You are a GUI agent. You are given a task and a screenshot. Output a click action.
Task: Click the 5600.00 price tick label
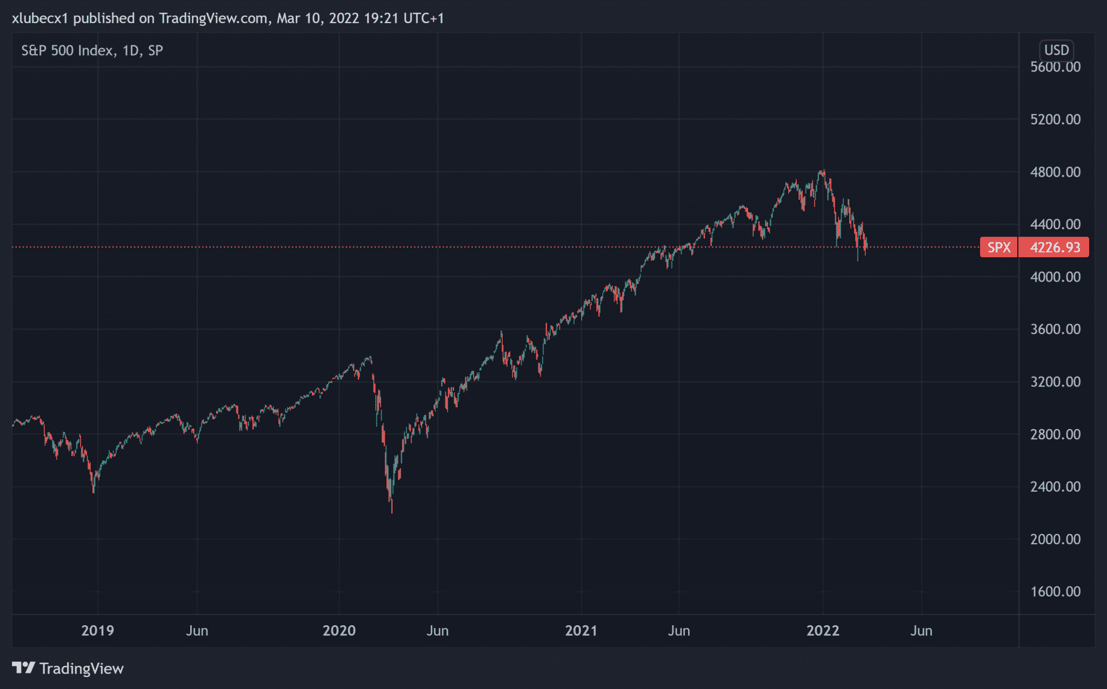point(1055,67)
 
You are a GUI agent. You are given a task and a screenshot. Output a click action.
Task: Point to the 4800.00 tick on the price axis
point(1055,172)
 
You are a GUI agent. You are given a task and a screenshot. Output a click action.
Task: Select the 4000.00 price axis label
point(1055,277)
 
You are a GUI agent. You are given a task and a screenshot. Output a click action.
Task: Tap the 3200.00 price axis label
point(1055,382)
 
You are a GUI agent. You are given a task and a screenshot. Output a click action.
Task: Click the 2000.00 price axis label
point(1055,539)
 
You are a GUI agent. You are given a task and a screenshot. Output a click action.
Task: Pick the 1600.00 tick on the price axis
point(1055,591)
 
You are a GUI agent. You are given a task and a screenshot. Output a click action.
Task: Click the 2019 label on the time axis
point(97,631)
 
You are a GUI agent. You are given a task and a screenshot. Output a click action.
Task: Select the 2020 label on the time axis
point(339,631)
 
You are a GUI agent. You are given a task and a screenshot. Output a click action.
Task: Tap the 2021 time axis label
point(581,631)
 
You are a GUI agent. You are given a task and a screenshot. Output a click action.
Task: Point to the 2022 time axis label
point(823,631)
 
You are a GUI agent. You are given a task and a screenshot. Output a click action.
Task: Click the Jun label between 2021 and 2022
point(679,631)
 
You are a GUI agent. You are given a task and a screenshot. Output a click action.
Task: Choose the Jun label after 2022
point(921,631)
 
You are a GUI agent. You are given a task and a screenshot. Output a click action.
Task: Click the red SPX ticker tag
point(998,247)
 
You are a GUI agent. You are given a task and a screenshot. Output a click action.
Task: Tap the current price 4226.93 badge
point(1055,247)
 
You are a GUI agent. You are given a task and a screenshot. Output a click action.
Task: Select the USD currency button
point(1056,50)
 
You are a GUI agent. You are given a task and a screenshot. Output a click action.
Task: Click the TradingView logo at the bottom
point(68,668)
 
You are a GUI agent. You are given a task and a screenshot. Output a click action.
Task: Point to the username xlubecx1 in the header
point(40,18)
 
